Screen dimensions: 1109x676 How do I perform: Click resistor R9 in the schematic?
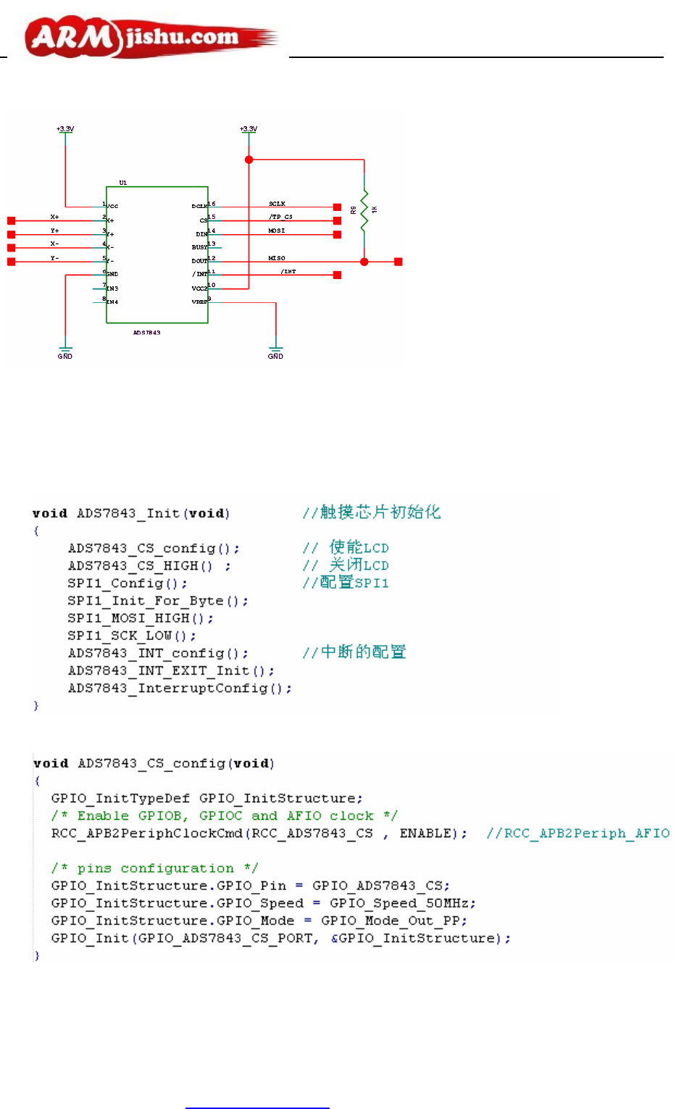pos(364,210)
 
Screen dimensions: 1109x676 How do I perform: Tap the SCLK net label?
pos(277,204)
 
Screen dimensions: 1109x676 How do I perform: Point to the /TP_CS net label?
pos(281,217)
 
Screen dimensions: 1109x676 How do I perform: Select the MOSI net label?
pos(277,230)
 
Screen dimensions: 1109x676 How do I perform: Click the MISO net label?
pos(277,258)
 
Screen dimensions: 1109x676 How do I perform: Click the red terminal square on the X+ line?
pos(11,220)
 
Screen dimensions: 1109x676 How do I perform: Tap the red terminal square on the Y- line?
pos(11,262)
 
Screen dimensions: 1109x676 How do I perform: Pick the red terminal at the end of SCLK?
pos(337,207)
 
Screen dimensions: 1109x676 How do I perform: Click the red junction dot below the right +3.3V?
pos(249,159)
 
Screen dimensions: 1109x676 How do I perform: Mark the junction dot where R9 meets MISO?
pos(364,262)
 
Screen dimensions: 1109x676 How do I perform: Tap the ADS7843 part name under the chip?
pos(147,333)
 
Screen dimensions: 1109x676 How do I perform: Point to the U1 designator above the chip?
pos(123,183)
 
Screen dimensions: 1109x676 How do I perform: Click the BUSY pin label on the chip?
pos(199,247)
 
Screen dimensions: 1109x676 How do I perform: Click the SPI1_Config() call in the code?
pos(128,583)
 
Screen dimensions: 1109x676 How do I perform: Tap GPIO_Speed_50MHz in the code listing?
pos(403,903)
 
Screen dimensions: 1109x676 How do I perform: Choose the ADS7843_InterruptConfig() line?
pos(180,689)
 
